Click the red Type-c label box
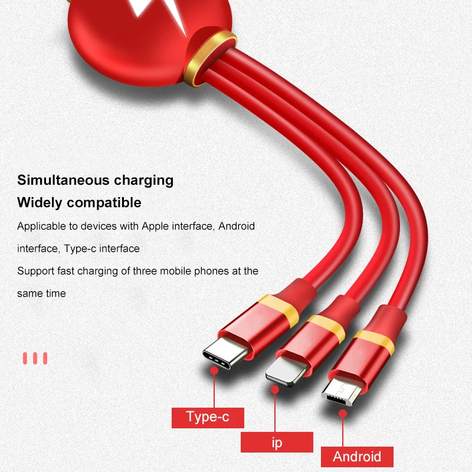(x=208, y=418)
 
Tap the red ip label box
(x=277, y=442)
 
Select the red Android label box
(x=357, y=457)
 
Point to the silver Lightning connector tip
(x=286, y=371)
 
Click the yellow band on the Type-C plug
(x=278, y=310)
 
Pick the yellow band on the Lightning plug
(x=327, y=328)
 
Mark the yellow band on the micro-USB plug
(x=375, y=342)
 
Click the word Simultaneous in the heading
(x=63, y=181)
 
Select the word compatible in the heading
(x=104, y=202)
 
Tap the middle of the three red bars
(x=35, y=358)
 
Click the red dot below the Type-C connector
(x=214, y=371)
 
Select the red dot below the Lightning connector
(x=275, y=389)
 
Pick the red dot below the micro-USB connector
(x=343, y=414)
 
